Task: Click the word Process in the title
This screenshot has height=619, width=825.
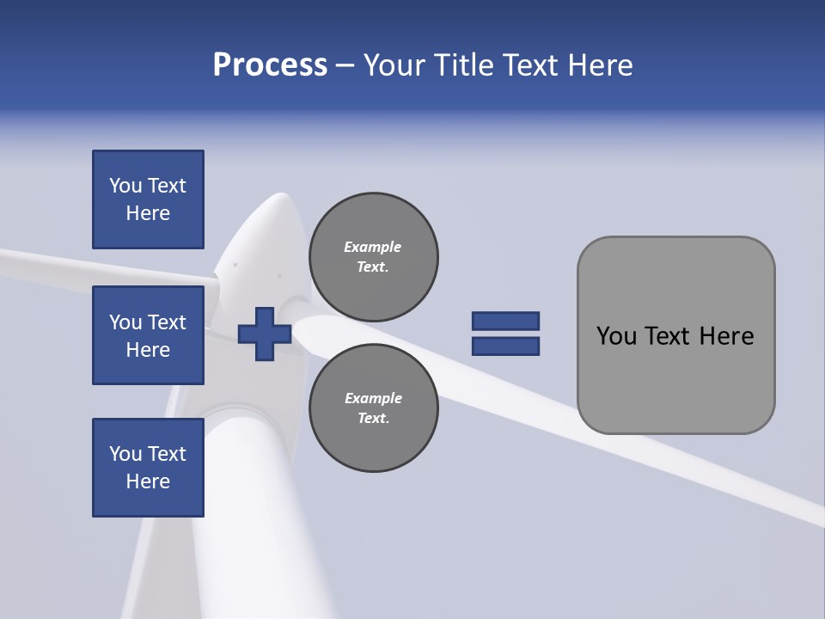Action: point(270,65)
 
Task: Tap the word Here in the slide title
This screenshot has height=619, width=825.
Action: point(598,65)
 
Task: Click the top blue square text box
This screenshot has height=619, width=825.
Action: point(148,199)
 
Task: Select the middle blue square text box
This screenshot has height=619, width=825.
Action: point(148,335)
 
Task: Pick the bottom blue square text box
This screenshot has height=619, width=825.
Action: point(148,468)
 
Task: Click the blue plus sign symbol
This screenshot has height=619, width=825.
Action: point(265,334)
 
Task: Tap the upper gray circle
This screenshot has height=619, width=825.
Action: point(374,257)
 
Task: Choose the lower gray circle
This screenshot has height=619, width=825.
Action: point(374,408)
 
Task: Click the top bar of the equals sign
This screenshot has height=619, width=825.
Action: point(505,321)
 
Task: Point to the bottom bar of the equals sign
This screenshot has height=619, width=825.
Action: point(505,346)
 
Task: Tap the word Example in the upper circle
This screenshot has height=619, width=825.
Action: point(372,247)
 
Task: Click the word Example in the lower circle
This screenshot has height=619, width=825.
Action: point(373,398)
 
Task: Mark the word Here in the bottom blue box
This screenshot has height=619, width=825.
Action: point(148,481)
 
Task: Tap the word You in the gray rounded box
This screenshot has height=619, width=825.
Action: point(616,336)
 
